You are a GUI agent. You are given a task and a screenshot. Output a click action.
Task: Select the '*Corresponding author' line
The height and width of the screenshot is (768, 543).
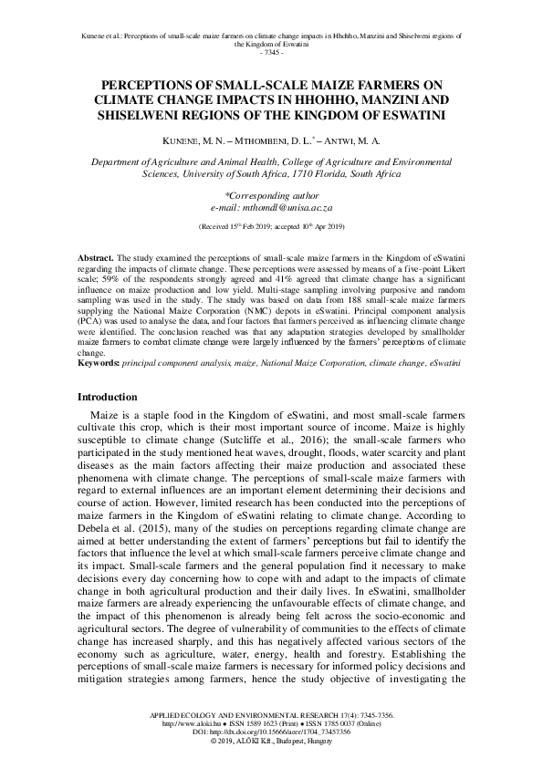pos(271,195)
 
